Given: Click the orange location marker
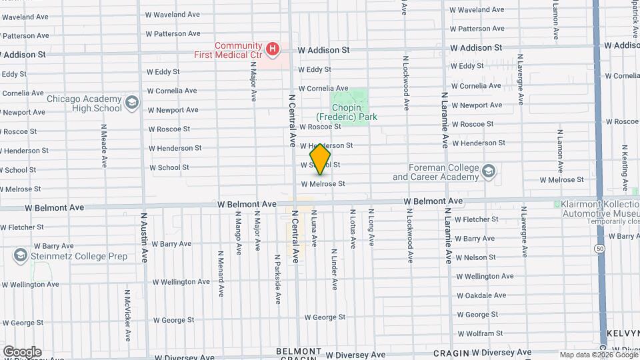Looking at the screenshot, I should click(x=321, y=159).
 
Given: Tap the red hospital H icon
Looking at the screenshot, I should click(x=272, y=49).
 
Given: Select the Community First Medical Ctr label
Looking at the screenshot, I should click(x=228, y=51).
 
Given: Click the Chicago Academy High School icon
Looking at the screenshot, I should click(x=131, y=103).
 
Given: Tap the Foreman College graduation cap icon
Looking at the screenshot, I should click(x=489, y=172).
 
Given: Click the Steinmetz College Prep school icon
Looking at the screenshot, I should click(x=20, y=255).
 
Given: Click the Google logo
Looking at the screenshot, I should click(x=22, y=351).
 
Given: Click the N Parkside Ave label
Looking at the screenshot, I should click(x=277, y=279).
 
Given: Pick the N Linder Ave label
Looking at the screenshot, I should click(x=334, y=270).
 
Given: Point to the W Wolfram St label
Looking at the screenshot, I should click(x=484, y=333).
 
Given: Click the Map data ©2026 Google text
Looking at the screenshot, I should click(x=598, y=355).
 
